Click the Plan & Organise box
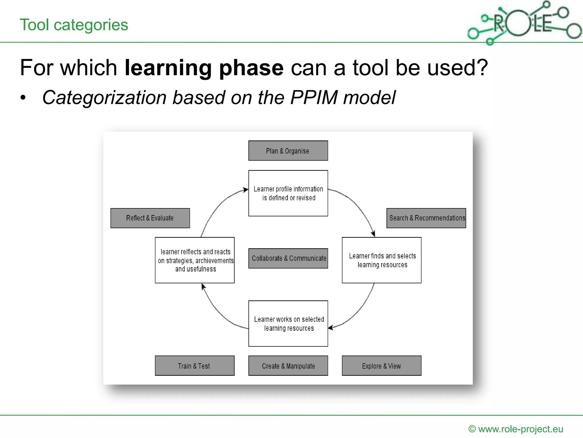pyautogui.click(x=288, y=151)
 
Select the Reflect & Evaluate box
pyautogui.click(x=150, y=218)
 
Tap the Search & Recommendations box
pyautogui.click(x=426, y=218)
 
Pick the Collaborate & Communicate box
pyautogui.click(x=288, y=258)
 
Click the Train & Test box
pyautogui.click(x=194, y=366)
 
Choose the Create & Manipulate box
pyautogui.click(x=288, y=366)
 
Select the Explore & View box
pyautogui.click(x=381, y=366)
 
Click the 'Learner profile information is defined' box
pyautogui.click(x=288, y=193)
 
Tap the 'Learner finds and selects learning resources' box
pyautogui.click(x=381, y=260)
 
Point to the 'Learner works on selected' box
pyautogui.click(x=288, y=323)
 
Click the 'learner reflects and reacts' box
pyautogui.click(x=194, y=260)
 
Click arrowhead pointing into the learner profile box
pyautogui.click(x=246, y=190)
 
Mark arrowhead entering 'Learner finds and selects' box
pyautogui.click(x=373, y=234)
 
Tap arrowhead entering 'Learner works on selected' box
pyautogui.click(x=331, y=328)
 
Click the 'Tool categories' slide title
pyautogui.click(x=74, y=25)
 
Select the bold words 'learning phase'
pyautogui.click(x=204, y=68)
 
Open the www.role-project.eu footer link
pyautogui.click(x=520, y=429)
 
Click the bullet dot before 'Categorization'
pyautogui.click(x=23, y=98)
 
